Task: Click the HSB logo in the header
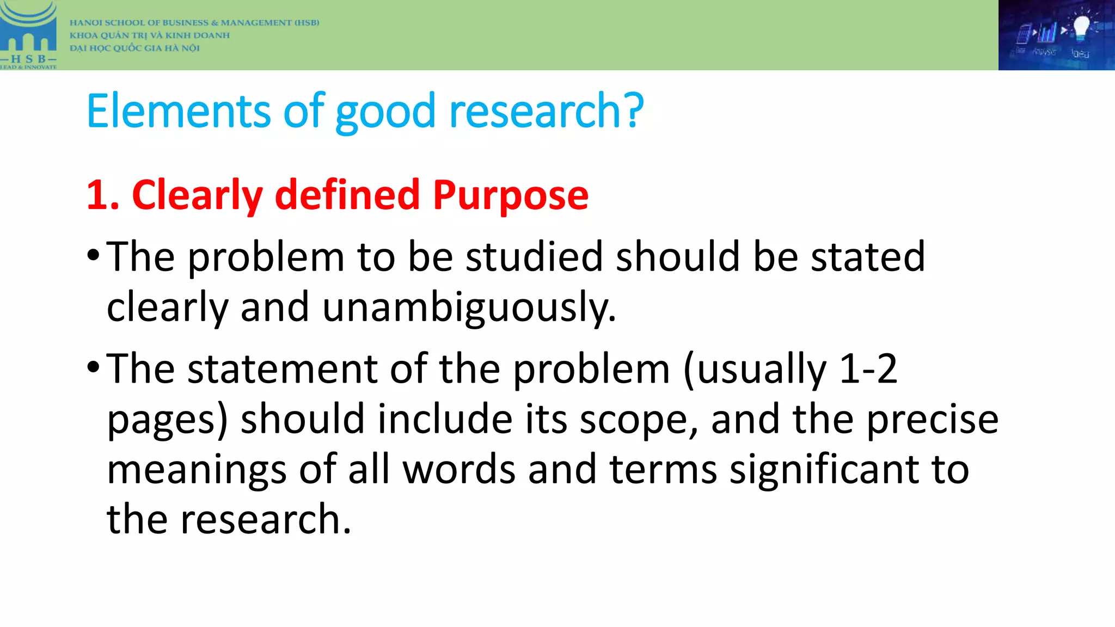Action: click(28, 35)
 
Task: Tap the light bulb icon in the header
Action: click(1081, 27)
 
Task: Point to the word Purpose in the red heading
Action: click(511, 195)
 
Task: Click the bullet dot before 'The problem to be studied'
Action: click(93, 255)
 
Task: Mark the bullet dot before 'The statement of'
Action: click(93, 367)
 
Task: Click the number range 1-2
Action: click(868, 368)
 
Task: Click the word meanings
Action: click(197, 469)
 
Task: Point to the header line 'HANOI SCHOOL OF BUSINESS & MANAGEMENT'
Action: click(194, 23)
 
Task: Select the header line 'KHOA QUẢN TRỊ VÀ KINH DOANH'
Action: click(150, 35)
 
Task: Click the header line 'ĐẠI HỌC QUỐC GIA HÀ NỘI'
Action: click(134, 48)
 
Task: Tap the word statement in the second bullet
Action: click(283, 368)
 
